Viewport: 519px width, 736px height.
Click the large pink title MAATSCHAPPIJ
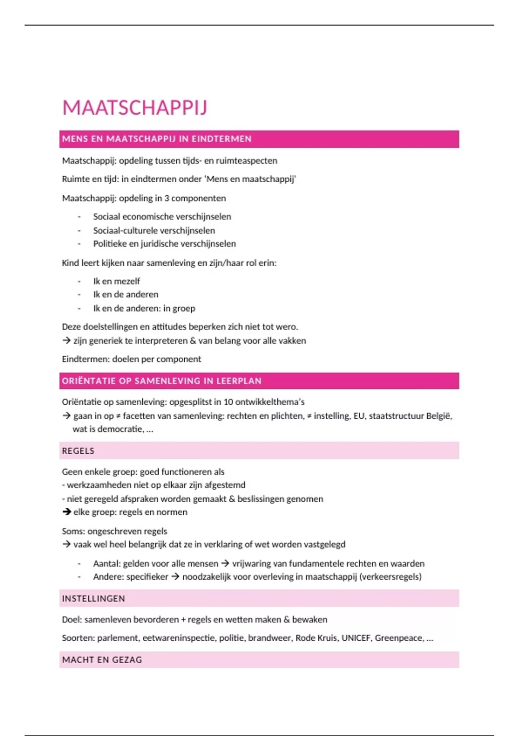click(135, 108)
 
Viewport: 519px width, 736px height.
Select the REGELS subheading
click(78, 451)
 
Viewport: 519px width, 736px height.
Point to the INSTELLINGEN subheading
click(93, 598)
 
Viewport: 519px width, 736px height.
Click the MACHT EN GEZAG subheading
click(102, 660)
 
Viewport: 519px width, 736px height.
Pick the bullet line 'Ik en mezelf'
click(116, 281)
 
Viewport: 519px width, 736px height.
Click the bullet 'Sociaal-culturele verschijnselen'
click(154, 230)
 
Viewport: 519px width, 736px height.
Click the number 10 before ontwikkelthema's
click(228, 402)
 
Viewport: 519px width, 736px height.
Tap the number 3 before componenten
click(167, 198)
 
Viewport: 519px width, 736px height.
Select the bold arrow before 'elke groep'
click(67, 512)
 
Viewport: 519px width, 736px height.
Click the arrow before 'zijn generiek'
click(67, 341)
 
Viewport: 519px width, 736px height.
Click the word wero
click(288, 327)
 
